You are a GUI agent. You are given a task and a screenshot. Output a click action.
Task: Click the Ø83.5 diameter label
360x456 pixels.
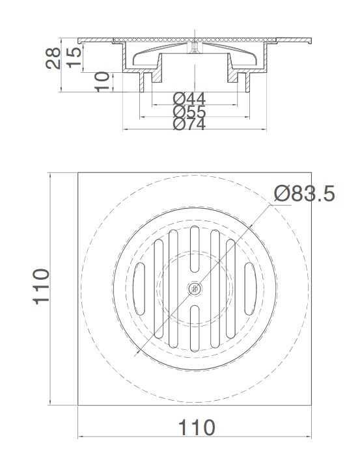(304, 193)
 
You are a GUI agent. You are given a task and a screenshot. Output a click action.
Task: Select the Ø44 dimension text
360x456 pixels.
(189, 99)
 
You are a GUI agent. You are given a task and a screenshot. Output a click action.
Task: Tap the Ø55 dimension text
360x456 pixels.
(189, 111)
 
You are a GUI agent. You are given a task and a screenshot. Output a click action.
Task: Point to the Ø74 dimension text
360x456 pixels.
(189, 124)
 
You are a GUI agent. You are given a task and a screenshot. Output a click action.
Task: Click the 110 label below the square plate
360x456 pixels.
(196, 427)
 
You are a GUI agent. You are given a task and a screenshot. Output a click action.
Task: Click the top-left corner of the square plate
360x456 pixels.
(78, 172)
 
